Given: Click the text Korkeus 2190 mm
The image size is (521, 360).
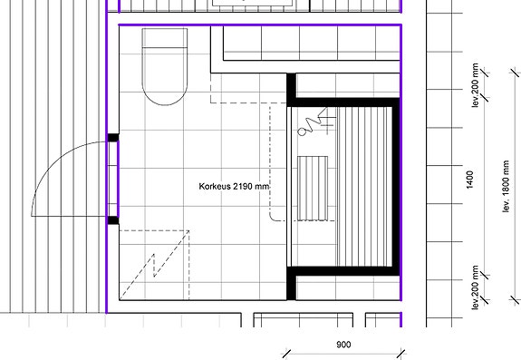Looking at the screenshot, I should pyautogui.click(x=234, y=187).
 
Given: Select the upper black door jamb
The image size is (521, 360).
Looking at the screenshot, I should pyautogui.click(x=113, y=138).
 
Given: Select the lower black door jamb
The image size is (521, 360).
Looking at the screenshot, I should pyautogui.click(x=113, y=219).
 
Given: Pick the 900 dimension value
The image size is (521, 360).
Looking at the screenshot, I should pyautogui.click(x=343, y=345).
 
